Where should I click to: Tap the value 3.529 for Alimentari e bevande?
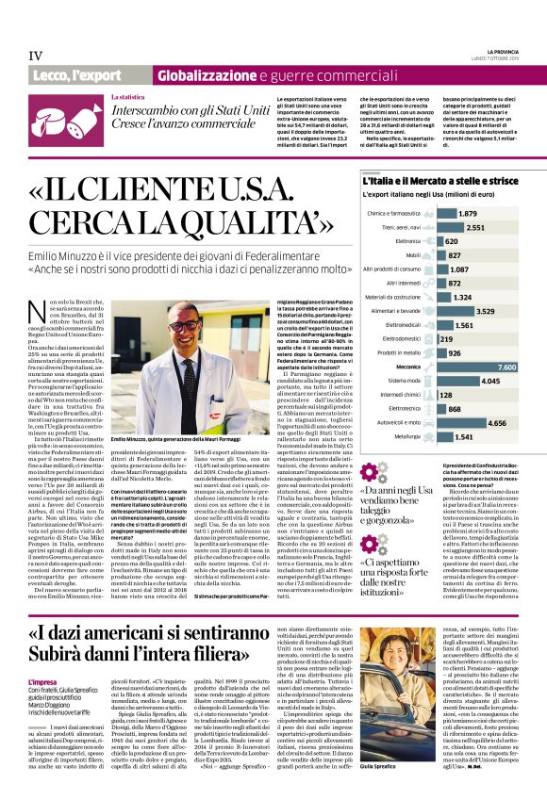click(x=486, y=309)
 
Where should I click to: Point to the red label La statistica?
click(x=127, y=97)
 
